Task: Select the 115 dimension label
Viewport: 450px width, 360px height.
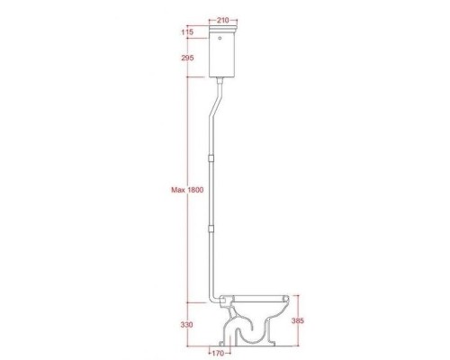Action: point(187,32)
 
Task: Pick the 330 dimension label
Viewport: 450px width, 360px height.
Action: point(187,324)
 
